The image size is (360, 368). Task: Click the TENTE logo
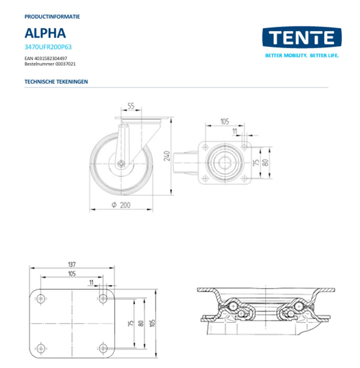click(302, 37)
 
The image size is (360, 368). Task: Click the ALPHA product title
click(45, 33)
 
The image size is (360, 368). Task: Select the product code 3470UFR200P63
click(48, 47)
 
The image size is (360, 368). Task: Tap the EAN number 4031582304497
click(46, 58)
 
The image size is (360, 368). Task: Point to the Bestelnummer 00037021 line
click(50, 64)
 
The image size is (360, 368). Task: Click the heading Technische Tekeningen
click(56, 82)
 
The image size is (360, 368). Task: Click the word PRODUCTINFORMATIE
click(52, 17)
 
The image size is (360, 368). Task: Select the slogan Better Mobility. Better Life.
click(302, 56)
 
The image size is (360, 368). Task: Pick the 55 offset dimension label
click(131, 106)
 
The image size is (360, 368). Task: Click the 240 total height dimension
click(167, 156)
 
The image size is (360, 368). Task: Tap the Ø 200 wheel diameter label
click(121, 205)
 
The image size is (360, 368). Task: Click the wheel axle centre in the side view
click(121, 164)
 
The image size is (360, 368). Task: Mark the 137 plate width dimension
click(72, 264)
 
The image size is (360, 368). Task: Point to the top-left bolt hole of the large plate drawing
click(41, 299)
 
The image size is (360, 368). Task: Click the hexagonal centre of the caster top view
click(225, 163)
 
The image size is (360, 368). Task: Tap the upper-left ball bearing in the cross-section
click(233, 306)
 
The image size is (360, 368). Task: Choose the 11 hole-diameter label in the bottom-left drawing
click(91, 282)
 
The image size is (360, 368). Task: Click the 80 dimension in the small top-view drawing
click(265, 163)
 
